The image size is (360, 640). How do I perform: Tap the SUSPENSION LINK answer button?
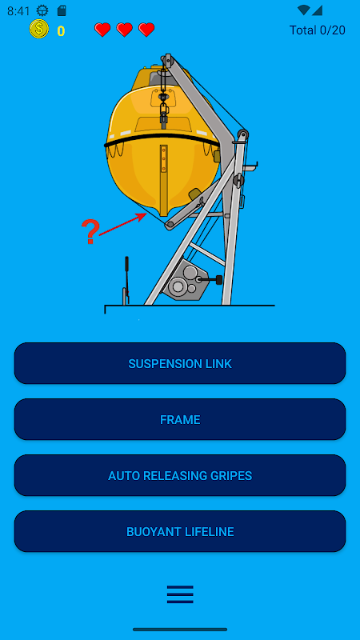[x=180, y=363]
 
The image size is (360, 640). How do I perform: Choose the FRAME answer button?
[x=180, y=419]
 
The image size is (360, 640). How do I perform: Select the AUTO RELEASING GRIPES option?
[x=180, y=475]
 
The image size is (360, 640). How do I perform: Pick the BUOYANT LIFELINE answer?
[x=180, y=531]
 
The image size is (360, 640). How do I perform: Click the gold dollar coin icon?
[x=38, y=29]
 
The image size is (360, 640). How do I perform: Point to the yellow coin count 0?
[x=61, y=31]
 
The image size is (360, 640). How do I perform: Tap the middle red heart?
[x=124, y=30]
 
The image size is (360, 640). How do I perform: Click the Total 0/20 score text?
[x=317, y=30]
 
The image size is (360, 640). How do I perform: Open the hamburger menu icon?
[x=180, y=594]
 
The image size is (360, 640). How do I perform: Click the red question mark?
[x=90, y=231]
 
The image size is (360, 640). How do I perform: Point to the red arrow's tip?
[x=146, y=214]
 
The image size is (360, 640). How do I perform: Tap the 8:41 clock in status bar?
[x=18, y=11]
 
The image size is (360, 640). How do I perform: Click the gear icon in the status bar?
[x=42, y=10]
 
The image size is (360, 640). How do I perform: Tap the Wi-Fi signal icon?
[x=303, y=10]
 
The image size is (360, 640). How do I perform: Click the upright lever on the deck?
[x=127, y=280]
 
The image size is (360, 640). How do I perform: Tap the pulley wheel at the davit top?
[x=166, y=60]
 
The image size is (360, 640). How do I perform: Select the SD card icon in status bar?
[x=62, y=10]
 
